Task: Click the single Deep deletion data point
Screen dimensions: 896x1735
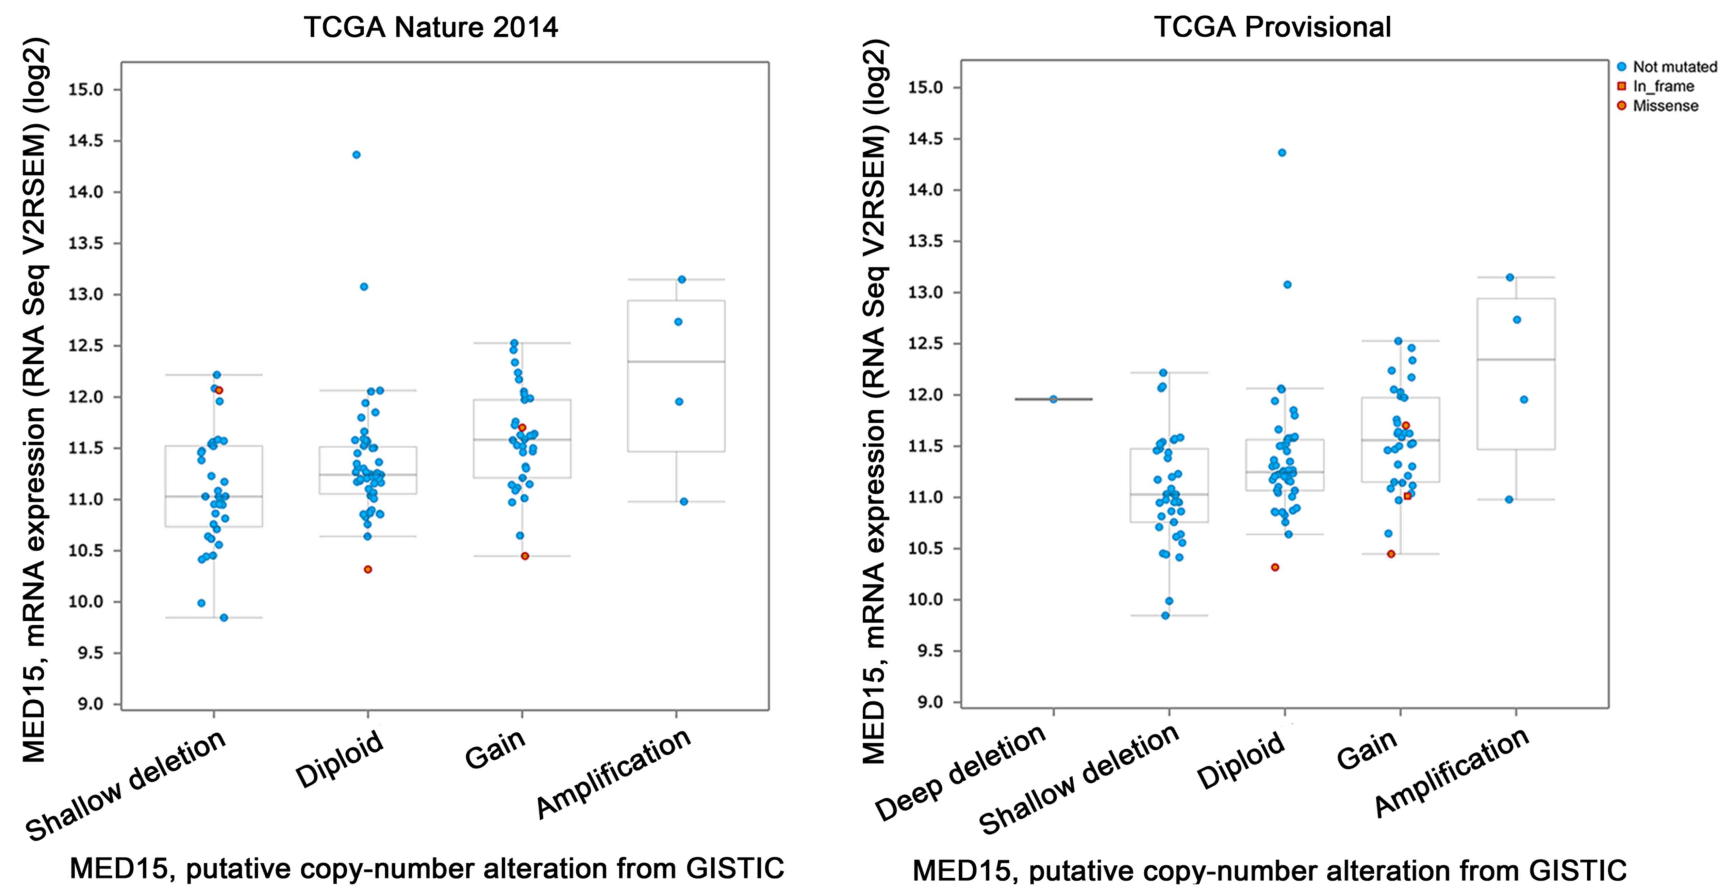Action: tap(1053, 399)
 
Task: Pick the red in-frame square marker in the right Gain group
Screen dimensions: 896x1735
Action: tap(1407, 496)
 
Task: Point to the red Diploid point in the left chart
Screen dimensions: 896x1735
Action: tap(368, 569)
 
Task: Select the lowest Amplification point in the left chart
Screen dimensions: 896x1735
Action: tap(684, 501)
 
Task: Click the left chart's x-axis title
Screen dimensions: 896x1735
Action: tap(427, 868)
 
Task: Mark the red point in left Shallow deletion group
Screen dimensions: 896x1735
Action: tap(219, 390)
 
